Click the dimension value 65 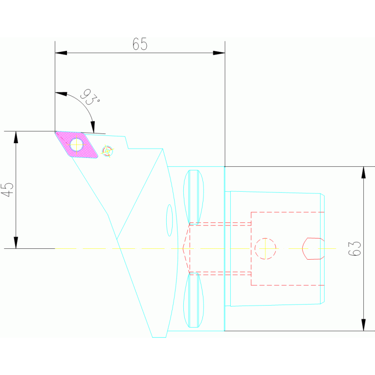coord(140,44)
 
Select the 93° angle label coord(90,97)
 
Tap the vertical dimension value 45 coord(7,190)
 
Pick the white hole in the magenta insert coord(76,144)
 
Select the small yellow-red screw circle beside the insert coord(108,151)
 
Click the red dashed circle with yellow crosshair coord(265,248)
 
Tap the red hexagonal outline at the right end coord(313,248)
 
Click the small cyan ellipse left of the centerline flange coord(170,220)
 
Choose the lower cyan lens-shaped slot coord(194,300)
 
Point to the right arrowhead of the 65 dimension coord(219,53)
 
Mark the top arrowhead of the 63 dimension coord(363,172)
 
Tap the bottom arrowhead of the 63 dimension coord(363,325)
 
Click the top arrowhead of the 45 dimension coord(16,137)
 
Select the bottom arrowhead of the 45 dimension coord(16,243)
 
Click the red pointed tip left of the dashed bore coord(184,248)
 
